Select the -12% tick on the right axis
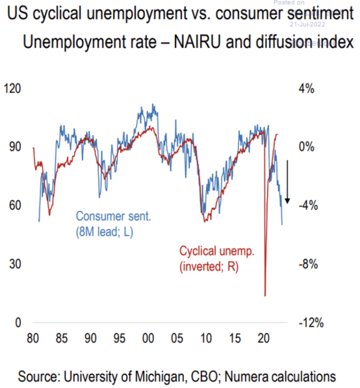311,323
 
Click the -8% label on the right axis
308,264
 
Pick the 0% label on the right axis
306,147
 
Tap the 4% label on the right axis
306,89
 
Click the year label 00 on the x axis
148,338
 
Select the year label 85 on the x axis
61,338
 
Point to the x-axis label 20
263,338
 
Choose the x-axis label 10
206,338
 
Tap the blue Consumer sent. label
113,217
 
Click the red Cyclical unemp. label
217,251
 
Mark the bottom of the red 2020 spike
265,295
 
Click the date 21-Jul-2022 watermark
307,24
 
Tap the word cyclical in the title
57,13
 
